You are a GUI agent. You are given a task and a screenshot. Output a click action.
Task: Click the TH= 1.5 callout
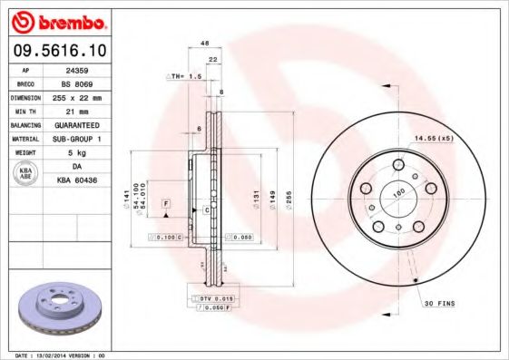(x=184, y=78)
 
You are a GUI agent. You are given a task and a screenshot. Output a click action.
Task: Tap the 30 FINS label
(x=440, y=303)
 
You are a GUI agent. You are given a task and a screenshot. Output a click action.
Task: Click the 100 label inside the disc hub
(x=396, y=193)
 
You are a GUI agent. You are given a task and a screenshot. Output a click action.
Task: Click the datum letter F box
(x=166, y=205)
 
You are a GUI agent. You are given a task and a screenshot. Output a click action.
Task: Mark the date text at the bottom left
(x=60, y=355)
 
